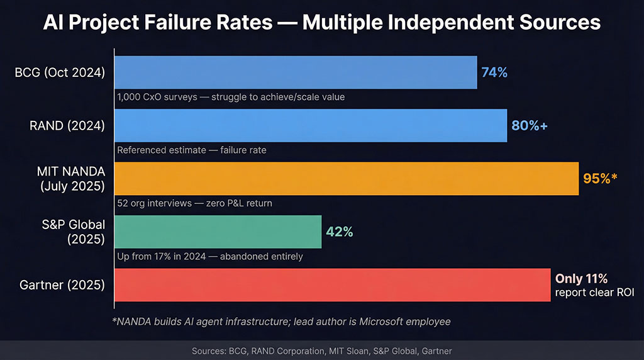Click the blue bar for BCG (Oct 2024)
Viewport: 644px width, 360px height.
tap(296, 72)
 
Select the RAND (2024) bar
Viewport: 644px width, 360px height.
tap(311, 125)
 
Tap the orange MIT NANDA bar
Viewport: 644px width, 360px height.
tap(347, 178)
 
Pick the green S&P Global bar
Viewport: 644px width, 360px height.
tap(218, 232)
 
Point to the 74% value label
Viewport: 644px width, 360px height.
tap(494, 72)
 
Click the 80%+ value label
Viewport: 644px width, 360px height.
tap(530, 125)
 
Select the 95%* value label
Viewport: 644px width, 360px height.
tap(601, 178)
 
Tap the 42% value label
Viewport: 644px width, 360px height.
tap(339, 232)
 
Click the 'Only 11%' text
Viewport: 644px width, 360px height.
tap(581, 278)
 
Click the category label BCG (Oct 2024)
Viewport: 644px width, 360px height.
tap(60, 72)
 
